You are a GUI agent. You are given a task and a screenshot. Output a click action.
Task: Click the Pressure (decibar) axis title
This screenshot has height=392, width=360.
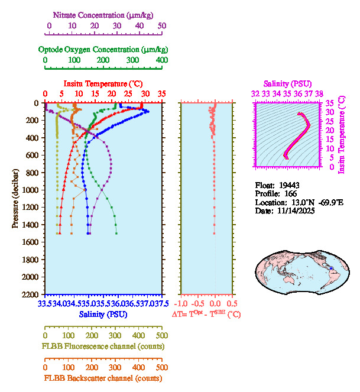15,199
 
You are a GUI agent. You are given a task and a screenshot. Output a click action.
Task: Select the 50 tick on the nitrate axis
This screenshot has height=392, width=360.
162,25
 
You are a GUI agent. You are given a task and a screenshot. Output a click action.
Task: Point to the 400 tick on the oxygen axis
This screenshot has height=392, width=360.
161,60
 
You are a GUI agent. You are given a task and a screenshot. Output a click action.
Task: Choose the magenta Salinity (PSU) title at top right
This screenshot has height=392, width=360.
287,84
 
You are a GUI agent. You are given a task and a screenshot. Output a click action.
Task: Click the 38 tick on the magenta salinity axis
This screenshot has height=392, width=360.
319,93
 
